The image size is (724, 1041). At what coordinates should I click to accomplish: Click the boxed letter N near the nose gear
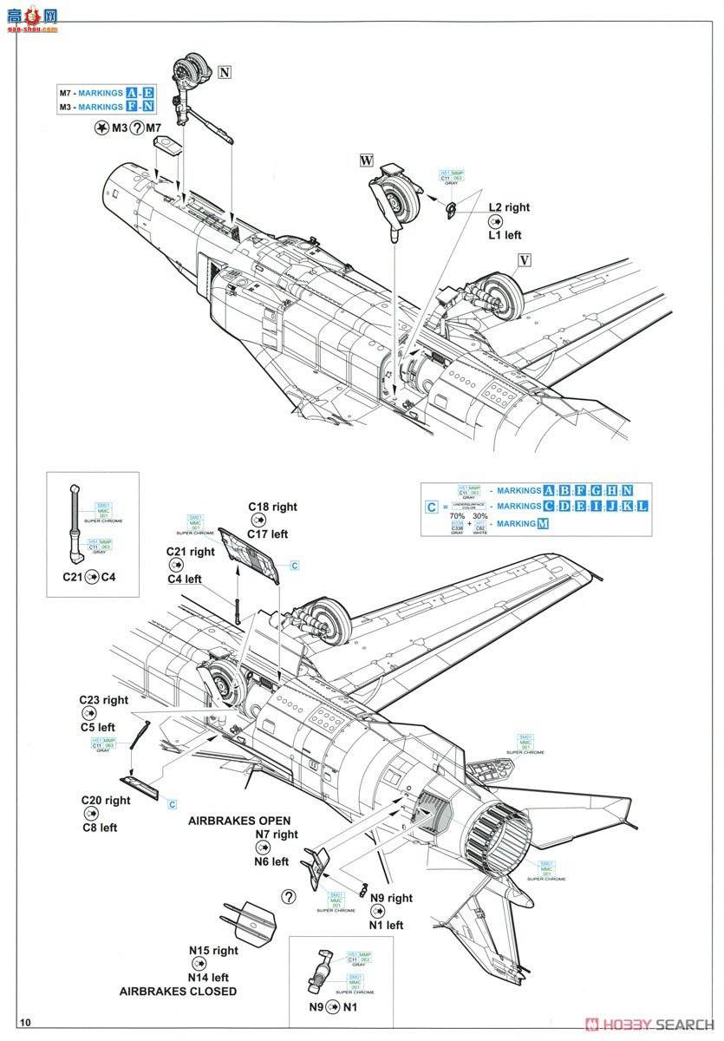tap(225, 73)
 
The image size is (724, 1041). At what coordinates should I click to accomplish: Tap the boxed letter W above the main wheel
tap(367, 160)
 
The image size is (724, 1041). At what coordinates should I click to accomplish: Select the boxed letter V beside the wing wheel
tap(524, 259)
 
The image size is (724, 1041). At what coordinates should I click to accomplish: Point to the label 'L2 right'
tap(508, 207)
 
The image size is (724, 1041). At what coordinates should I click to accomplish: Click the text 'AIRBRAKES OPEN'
tap(239, 820)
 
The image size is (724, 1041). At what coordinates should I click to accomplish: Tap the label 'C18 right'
tap(272, 507)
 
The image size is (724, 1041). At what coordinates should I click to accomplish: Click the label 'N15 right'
tap(212, 951)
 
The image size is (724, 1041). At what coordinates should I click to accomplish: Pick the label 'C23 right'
tap(103, 699)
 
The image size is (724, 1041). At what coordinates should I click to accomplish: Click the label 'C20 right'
tap(106, 800)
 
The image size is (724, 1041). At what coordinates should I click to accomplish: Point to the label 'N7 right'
tap(276, 835)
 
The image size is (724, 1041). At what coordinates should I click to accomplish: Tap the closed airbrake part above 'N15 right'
tap(250, 918)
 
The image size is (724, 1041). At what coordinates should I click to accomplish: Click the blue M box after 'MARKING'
tap(543, 524)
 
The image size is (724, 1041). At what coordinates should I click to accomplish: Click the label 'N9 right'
tap(391, 899)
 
